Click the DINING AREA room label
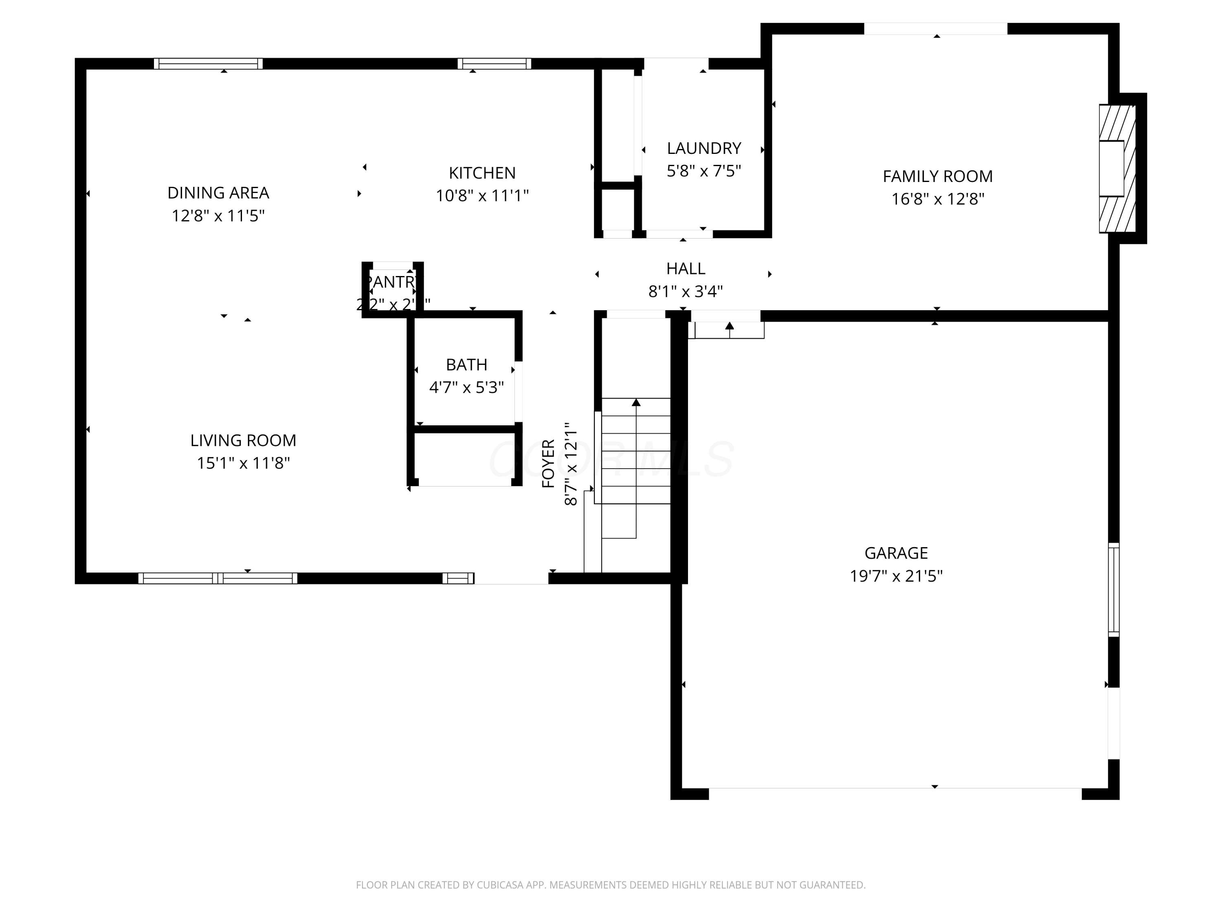(x=218, y=193)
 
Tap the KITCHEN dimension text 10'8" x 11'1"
(x=482, y=196)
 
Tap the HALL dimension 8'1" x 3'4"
(x=685, y=291)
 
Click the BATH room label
(x=466, y=364)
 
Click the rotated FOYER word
(x=548, y=463)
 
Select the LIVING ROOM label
(x=243, y=440)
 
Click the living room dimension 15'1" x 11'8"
(x=243, y=463)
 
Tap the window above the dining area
(x=208, y=64)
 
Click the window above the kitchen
(x=494, y=64)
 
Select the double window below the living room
(x=218, y=578)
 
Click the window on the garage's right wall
(x=1114, y=589)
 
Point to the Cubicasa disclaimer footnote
(x=611, y=885)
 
